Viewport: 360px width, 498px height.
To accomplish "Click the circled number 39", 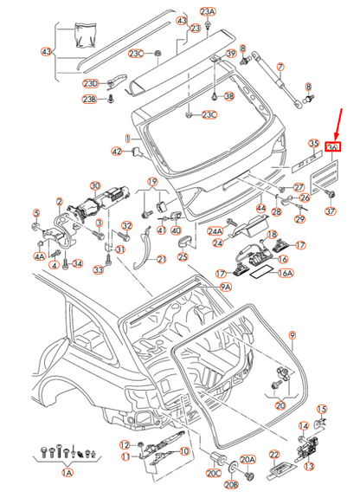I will (x=230, y=55).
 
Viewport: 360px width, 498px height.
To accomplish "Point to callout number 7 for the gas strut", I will (x=280, y=66).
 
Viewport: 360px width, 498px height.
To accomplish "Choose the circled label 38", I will (x=229, y=95).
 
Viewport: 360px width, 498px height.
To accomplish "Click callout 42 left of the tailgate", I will (x=117, y=152).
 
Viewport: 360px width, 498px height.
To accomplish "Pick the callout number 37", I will (x=330, y=212).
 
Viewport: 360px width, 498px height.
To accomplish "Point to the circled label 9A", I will (x=226, y=286).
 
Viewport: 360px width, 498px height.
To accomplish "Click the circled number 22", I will (x=274, y=455).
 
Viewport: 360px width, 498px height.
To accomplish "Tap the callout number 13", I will (x=311, y=465).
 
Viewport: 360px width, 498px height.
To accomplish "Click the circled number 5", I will (x=36, y=213).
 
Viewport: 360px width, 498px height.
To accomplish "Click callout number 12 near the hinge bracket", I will (x=124, y=444).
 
